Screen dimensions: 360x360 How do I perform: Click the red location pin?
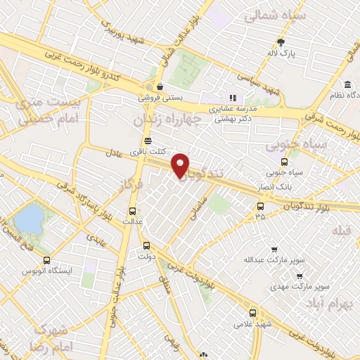pos(181,164)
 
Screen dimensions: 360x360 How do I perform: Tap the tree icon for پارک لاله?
pos(282,41)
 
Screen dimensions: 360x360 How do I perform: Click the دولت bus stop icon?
pos(147,246)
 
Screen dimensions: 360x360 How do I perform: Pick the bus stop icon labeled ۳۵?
pos(261,206)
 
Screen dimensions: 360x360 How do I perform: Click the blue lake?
pos(28,217)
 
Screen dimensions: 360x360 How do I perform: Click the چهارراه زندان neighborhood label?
pos(167,120)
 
